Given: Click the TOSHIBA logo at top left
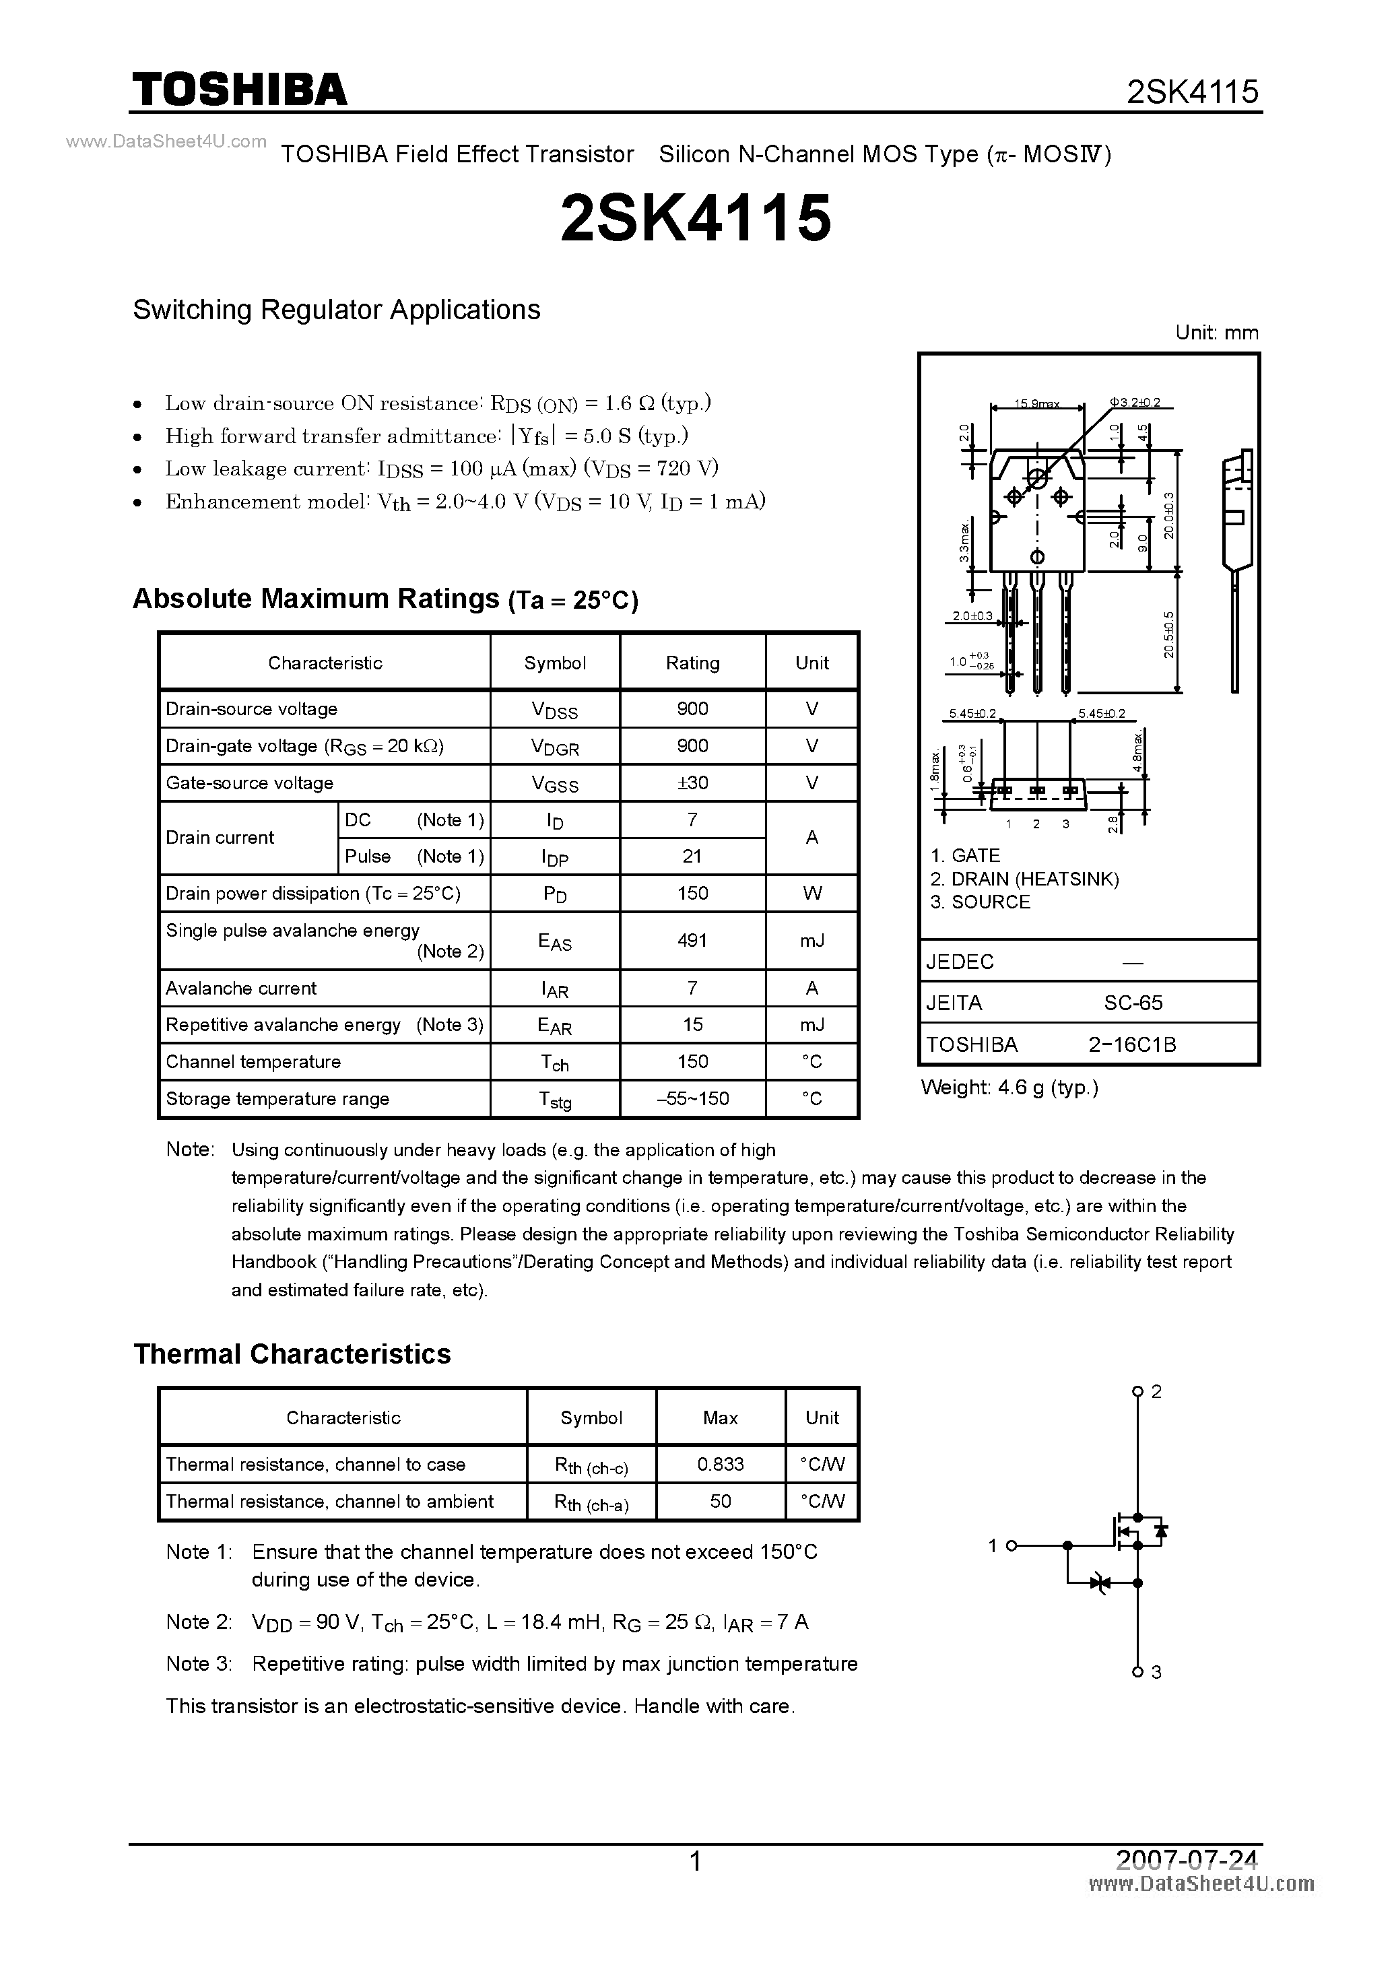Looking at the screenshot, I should point(239,89).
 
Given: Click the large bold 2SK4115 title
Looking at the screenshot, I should point(696,218).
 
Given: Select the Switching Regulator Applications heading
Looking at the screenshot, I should point(336,310).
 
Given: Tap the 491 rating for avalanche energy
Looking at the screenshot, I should point(692,940).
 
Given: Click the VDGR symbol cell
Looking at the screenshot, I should point(555,746).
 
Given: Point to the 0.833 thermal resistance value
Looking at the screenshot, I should point(721,1464).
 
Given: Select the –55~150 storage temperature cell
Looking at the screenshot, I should point(692,1098).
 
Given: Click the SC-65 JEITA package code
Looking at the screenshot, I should point(1133,1003).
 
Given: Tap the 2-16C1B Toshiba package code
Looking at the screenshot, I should point(1132,1044).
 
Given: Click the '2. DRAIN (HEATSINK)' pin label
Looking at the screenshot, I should point(1024,878).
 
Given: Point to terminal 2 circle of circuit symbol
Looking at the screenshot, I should point(1137,1391).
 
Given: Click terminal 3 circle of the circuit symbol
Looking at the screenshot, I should point(1137,1672).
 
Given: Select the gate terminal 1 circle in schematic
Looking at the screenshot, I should point(1012,1545).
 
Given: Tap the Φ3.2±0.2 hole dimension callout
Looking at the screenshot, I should point(1135,402).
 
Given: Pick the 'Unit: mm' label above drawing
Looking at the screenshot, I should point(1216,333).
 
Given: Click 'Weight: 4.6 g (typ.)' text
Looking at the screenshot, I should point(1009,1088).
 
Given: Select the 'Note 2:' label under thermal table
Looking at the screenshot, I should point(199,1622).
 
